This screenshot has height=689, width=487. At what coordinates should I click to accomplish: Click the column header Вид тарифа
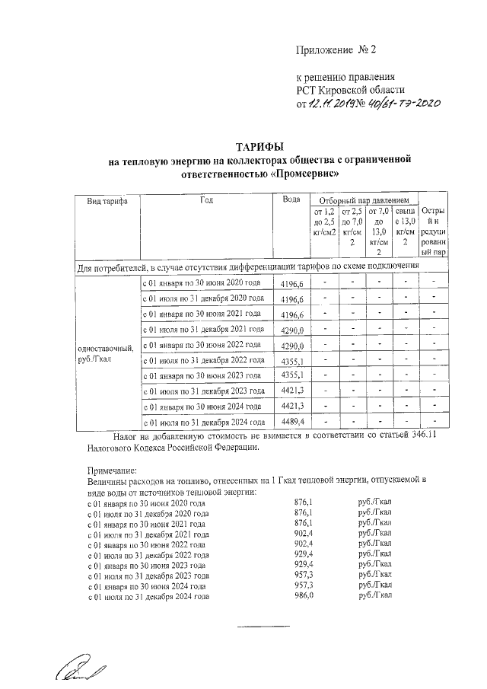click(x=107, y=202)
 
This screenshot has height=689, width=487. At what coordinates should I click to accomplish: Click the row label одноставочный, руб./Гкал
click(x=106, y=354)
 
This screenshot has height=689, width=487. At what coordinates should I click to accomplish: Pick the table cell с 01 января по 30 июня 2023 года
click(x=204, y=375)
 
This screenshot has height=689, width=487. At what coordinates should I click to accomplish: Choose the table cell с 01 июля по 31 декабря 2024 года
click(x=204, y=422)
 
